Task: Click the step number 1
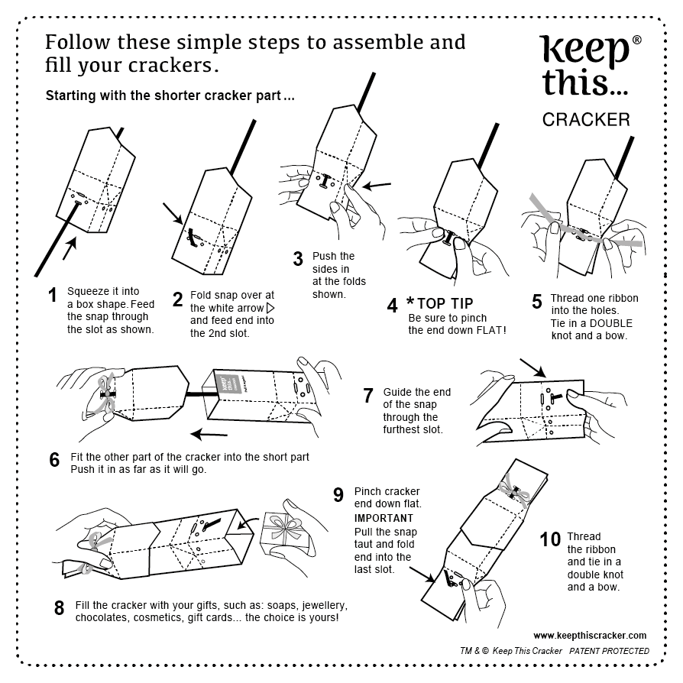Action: (x=53, y=295)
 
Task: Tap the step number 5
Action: (x=536, y=301)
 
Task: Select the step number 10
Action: (x=550, y=539)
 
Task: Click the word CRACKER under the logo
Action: (x=586, y=119)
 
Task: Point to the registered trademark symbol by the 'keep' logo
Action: (x=637, y=40)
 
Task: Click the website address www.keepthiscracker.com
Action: (x=590, y=635)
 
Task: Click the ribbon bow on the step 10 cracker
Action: (x=513, y=488)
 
